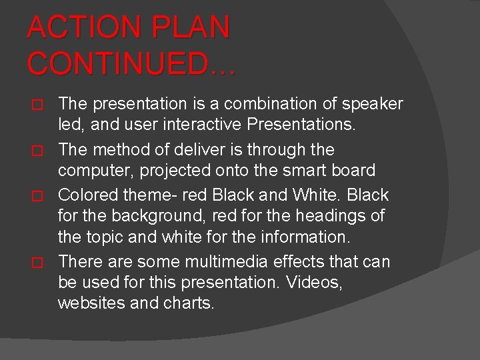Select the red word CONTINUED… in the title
pyautogui.click(x=131, y=64)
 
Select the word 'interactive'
pyautogui.click(x=200, y=124)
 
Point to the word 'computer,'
pyautogui.click(x=96, y=171)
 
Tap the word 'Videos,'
pyautogui.click(x=314, y=283)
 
